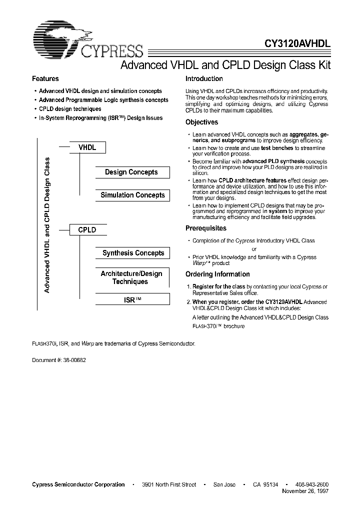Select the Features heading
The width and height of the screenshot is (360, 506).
tap(45, 79)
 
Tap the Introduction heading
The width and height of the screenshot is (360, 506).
tap(204, 79)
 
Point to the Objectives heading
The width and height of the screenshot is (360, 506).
tap(201, 122)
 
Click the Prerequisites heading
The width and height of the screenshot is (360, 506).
tap(206, 228)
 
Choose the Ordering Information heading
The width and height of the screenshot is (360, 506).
tap(217, 274)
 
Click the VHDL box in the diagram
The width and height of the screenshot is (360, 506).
tap(87, 147)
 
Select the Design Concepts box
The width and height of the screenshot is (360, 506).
tap(131, 172)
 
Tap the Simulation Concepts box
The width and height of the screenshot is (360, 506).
tap(132, 195)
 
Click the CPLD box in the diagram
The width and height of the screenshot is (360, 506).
tap(87, 230)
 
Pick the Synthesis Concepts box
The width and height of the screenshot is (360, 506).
tap(133, 253)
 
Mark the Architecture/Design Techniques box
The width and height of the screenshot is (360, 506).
tap(131, 278)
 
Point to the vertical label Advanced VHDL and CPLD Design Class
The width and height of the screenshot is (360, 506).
tap(47, 225)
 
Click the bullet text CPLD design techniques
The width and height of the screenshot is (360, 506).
tap(70, 109)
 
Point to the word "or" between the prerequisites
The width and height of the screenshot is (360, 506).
tap(254, 249)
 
